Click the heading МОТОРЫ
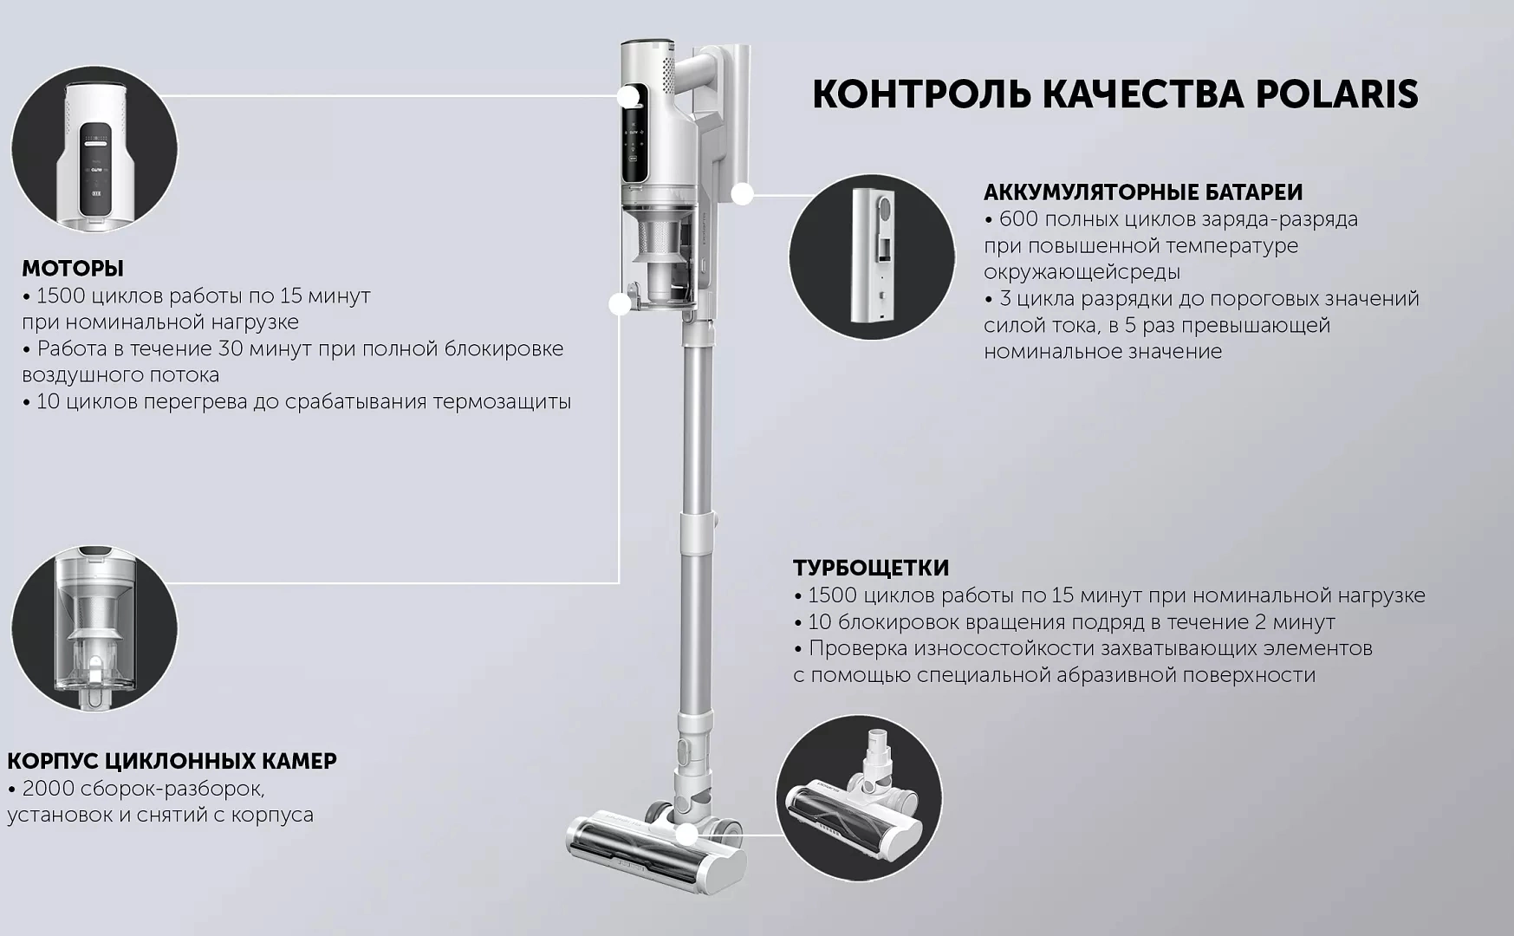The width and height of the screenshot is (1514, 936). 73,268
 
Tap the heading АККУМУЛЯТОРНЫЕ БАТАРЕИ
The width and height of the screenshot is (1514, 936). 1143,192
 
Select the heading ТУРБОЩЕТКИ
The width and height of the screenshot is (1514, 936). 871,568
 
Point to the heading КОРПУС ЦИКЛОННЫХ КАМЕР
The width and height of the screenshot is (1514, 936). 172,761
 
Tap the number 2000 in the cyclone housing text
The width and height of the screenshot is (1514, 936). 48,789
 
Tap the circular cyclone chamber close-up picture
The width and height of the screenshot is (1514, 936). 94,628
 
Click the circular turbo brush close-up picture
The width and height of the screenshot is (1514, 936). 859,798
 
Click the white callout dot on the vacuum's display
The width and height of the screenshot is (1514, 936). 629,96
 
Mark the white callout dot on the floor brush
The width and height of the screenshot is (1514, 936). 687,835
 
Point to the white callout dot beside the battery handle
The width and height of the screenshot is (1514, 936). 742,194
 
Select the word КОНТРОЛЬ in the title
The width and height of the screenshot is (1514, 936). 921,94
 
